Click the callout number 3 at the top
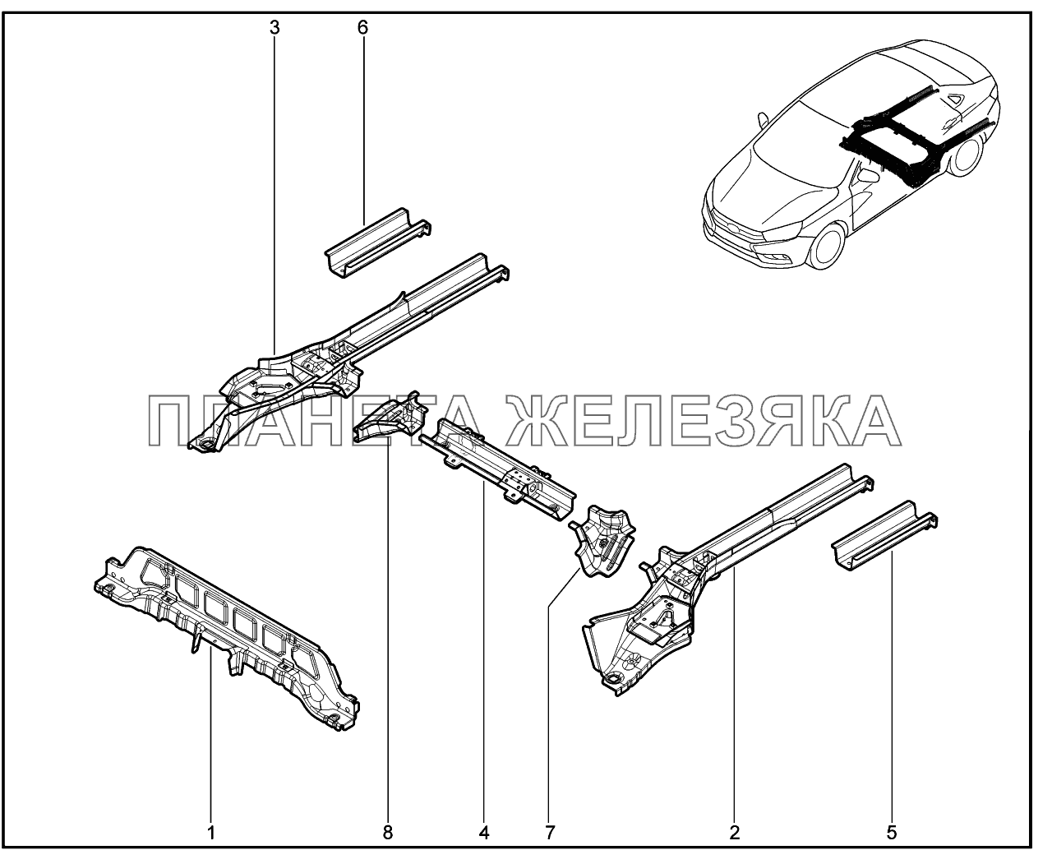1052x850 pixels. coord(275,28)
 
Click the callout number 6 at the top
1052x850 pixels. coord(362,28)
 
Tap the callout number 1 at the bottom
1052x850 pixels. coord(211,819)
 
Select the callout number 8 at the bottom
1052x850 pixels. coord(388,819)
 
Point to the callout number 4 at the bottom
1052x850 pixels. coord(484,819)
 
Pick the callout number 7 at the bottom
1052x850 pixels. coord(550,819)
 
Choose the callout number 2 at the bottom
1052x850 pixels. coord(735,819)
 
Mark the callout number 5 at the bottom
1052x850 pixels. coord(892,819)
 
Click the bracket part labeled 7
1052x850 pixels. coord(603,540)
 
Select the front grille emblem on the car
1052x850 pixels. coord(728,229)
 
